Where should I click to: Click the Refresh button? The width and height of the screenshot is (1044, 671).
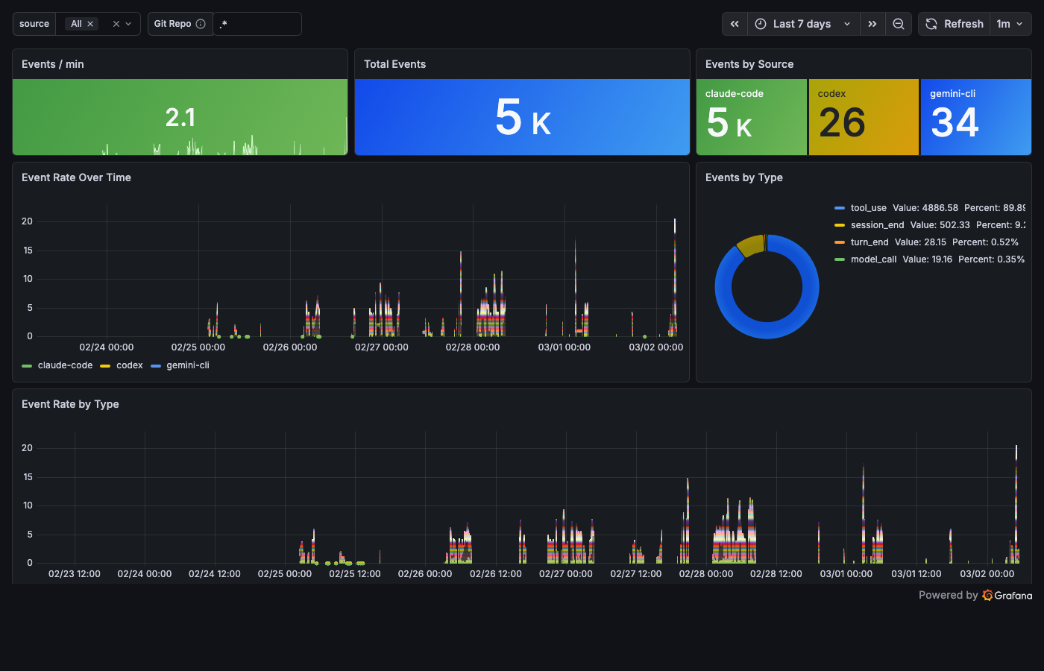[955, 24]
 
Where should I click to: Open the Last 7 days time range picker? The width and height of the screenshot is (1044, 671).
[802, 24]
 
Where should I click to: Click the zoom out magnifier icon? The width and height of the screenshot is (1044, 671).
[899, 24]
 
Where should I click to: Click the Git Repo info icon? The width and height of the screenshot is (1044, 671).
[201, 24]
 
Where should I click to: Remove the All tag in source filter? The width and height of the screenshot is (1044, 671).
[90, 24]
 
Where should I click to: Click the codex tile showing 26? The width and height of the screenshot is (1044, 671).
[864, 117]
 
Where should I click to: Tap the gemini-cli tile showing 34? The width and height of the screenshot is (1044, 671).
[975, 117]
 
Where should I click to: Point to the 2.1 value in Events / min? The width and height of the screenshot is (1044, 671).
[180, 117]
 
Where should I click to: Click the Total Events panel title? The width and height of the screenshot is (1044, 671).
[394, 64]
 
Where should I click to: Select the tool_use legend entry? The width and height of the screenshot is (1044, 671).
[868, 208]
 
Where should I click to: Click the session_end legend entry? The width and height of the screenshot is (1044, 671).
[877, 225]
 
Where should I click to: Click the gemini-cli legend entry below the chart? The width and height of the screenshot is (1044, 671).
[187, 365]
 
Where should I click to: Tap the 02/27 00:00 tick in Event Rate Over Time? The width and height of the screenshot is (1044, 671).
[381, 347]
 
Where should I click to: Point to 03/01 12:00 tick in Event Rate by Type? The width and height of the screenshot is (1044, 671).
[916, 574]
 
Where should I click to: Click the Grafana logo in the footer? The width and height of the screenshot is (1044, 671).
[1007, 595]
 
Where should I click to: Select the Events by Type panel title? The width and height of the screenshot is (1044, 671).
[743, 177]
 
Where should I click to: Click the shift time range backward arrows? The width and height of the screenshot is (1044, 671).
[735, 24]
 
